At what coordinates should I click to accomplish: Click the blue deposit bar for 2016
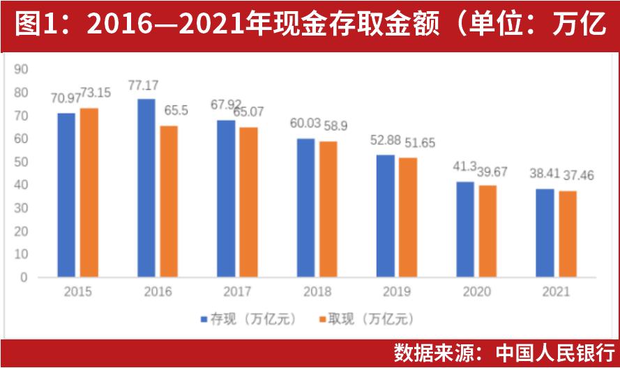pos(146,188)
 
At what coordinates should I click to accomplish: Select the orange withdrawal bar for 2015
pos(89,192)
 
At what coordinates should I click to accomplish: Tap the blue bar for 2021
pos(545,233)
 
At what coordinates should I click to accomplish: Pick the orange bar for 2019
pos(408,217)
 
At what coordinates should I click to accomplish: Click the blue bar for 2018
pos(305,208)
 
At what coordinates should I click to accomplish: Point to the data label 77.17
pos(144,86)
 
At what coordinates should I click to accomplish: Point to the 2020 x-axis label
pos(476,292)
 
